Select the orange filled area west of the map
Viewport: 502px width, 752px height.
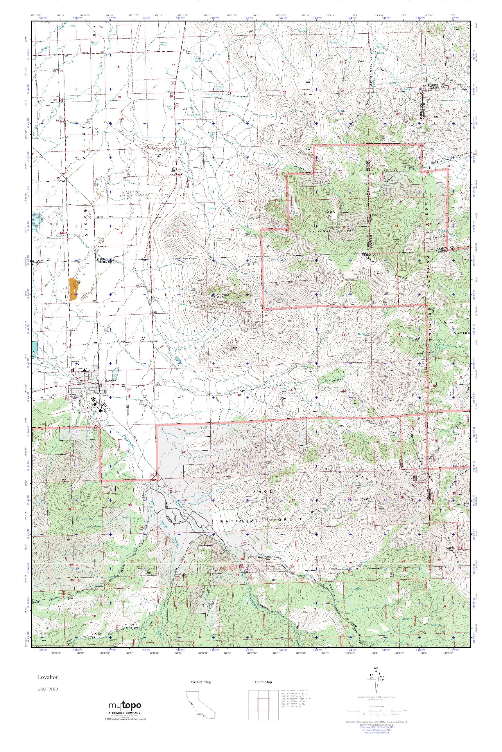[74, 289]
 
